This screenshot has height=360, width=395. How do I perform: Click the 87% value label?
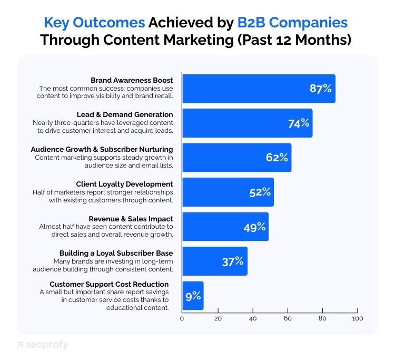coord(320,89)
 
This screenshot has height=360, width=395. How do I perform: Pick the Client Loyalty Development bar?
coord(228,192)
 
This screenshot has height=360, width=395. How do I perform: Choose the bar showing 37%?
coord(214,261)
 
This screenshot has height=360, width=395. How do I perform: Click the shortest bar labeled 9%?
coord(192,295)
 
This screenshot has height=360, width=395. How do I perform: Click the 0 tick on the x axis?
coord(182,318)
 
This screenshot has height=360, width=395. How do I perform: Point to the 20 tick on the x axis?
coord(217,318)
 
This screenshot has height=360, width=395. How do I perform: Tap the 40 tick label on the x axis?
coord(252,318)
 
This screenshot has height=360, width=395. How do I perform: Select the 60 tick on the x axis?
coord(288,318)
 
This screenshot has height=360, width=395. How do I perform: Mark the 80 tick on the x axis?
coord(322,318)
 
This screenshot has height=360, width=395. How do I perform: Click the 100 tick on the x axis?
coord(358,318)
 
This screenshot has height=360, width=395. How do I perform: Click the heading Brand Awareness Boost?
coord(132,80)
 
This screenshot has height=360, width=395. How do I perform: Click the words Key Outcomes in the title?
coord(94,23)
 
